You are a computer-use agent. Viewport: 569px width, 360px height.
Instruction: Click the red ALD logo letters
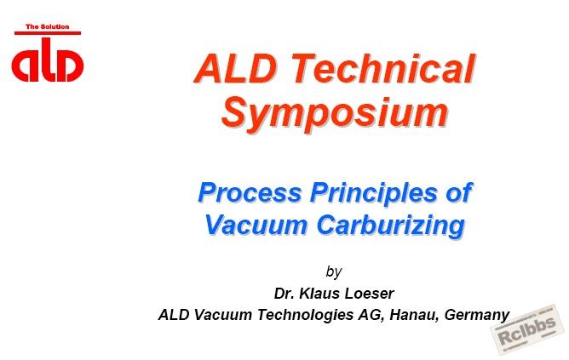pyautogui.click(x=48, y=60)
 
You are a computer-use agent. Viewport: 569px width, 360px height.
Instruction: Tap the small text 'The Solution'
pyautogui.click(x=47, y=27)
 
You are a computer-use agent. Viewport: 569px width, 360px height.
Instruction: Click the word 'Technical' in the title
pyautogui.click(x=383, y=68)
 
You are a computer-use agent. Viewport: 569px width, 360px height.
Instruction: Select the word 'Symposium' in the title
pyautogui.click(x=335, y=112)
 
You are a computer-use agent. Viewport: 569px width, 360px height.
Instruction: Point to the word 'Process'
pyautogui.click(x=250, y=192)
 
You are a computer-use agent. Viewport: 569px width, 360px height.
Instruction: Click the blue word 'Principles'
pyautogui.click(x=374, y=193)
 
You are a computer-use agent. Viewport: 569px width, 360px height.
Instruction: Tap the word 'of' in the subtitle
pyautogui.click(x=459, y=192)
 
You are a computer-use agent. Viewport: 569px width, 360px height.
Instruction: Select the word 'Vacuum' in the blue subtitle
pyautogui.click(x=256, y=225)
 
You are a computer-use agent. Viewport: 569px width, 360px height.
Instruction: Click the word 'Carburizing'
pyautogui.click(x=391, y=226)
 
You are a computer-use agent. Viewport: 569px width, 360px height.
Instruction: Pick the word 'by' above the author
pyautogui.click(x=334, y=271)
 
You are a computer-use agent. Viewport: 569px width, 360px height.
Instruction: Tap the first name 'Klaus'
pyautogui.click(x=319, y=294)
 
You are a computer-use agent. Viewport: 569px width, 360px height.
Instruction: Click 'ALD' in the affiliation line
pyautogui.click(x=174, y=315)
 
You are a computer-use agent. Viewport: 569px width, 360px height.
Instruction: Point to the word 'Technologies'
pyautogui.click(x=306, y=316)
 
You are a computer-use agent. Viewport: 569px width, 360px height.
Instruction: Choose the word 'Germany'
pyautogui.click(x=477, y=316)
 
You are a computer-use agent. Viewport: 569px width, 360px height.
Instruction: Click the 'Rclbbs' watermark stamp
pyautogui.click(x=527, y=330)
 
